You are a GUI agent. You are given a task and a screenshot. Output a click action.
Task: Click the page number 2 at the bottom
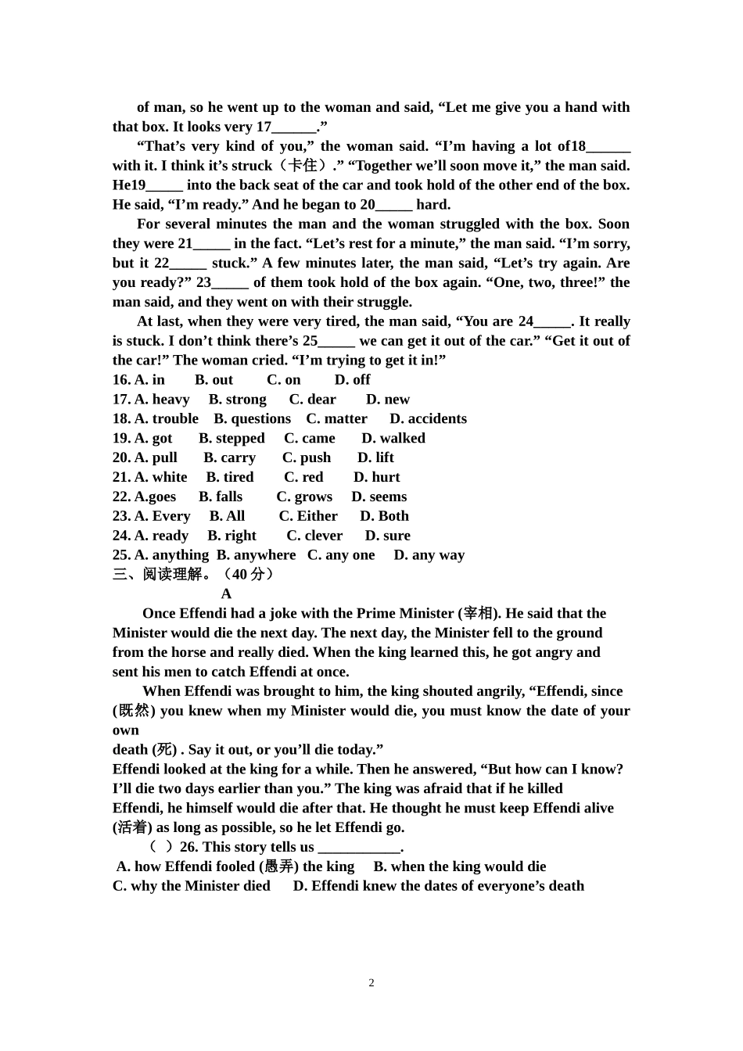pos(371,983)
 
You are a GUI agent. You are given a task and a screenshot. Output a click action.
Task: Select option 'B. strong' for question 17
pos(237,400)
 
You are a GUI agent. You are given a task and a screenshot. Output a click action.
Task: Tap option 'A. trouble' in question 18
pos(167,419)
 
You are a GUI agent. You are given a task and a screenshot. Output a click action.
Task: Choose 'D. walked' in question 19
pos(393,439)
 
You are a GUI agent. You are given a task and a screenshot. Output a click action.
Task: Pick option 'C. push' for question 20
pos(307,458)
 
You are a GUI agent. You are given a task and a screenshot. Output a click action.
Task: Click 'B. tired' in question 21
pos(230,478)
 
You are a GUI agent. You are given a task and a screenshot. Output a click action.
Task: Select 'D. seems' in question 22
pos(379,497)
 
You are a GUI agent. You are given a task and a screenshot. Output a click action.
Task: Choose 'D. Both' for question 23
pos(384,517)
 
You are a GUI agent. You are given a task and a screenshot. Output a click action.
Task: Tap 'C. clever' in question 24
pos(314,536)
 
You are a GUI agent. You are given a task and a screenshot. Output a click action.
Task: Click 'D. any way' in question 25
pos(429,555)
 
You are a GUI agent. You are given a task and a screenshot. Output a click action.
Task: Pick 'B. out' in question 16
pos(214,380)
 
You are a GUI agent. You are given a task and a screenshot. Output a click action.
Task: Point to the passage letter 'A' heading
pos(226,594)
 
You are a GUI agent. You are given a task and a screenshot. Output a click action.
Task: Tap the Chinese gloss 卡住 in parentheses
pos(303,166)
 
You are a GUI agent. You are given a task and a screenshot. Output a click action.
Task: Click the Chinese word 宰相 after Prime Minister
pos(478,614)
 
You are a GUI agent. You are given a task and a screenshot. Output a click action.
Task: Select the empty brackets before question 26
pos(161,848)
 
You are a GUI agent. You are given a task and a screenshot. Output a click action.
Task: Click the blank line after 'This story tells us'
pos(359,848)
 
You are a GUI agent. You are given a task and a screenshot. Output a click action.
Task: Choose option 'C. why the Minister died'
pos(192,886)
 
